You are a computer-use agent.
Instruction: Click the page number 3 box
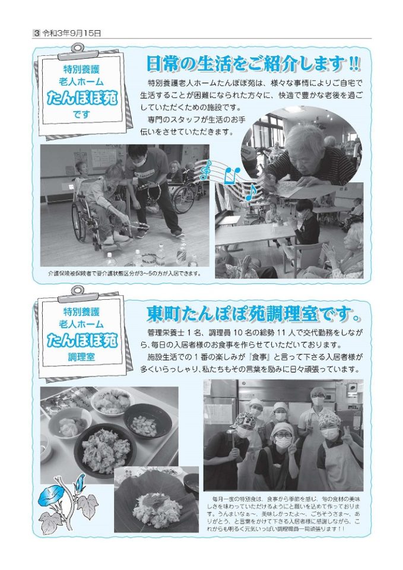(x=36, y=33)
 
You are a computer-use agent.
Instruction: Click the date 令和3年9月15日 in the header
(x=72, y=33)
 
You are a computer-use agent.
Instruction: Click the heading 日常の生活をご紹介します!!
(x=253, y=64)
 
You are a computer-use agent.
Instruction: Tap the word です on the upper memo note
(x=81, y=115)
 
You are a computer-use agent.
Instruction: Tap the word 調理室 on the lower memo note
(x=81, y=357)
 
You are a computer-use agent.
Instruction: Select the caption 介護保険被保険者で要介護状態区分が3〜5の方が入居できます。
(x=125, y=273)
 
